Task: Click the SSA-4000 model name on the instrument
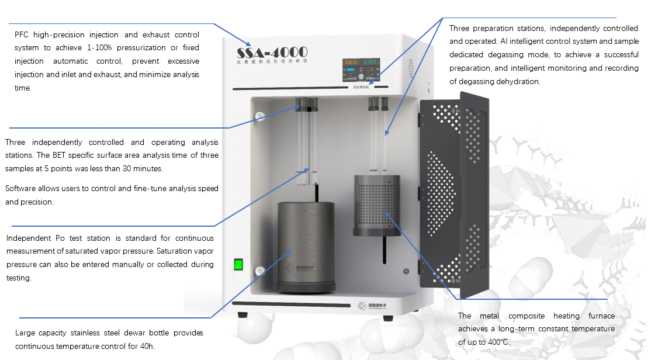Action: (272, 52)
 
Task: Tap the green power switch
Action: (238, 264)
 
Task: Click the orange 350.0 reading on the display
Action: (351, 62)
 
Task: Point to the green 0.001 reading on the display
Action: (370, 62)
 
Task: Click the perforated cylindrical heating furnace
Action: (377, 205)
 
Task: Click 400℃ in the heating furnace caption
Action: (497, 342)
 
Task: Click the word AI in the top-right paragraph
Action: (504, 41)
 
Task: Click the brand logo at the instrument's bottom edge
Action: (372, 306)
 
